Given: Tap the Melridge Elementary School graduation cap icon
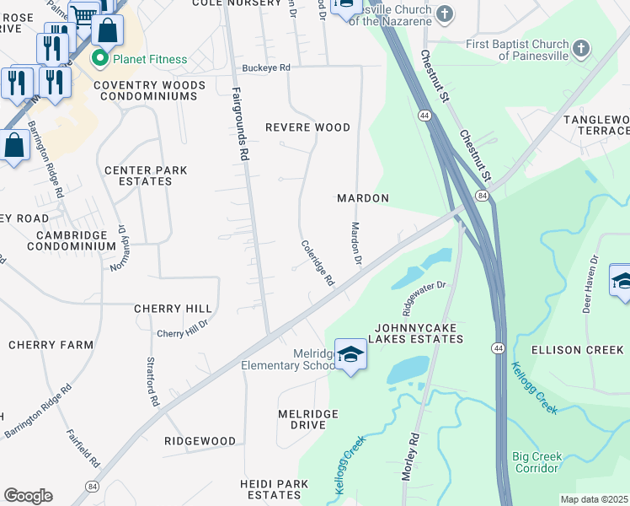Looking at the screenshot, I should coord(350,354).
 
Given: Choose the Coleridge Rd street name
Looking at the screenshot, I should coord(318,262).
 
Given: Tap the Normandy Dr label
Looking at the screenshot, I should coord(117,247).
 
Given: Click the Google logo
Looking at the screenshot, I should coord(28,496).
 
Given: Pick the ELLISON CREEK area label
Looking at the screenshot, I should coord(578,349).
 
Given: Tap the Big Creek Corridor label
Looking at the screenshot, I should coord(537,462).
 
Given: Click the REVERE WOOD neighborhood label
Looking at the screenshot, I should coord(307,127).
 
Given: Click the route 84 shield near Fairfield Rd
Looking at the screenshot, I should coord(90,487).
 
